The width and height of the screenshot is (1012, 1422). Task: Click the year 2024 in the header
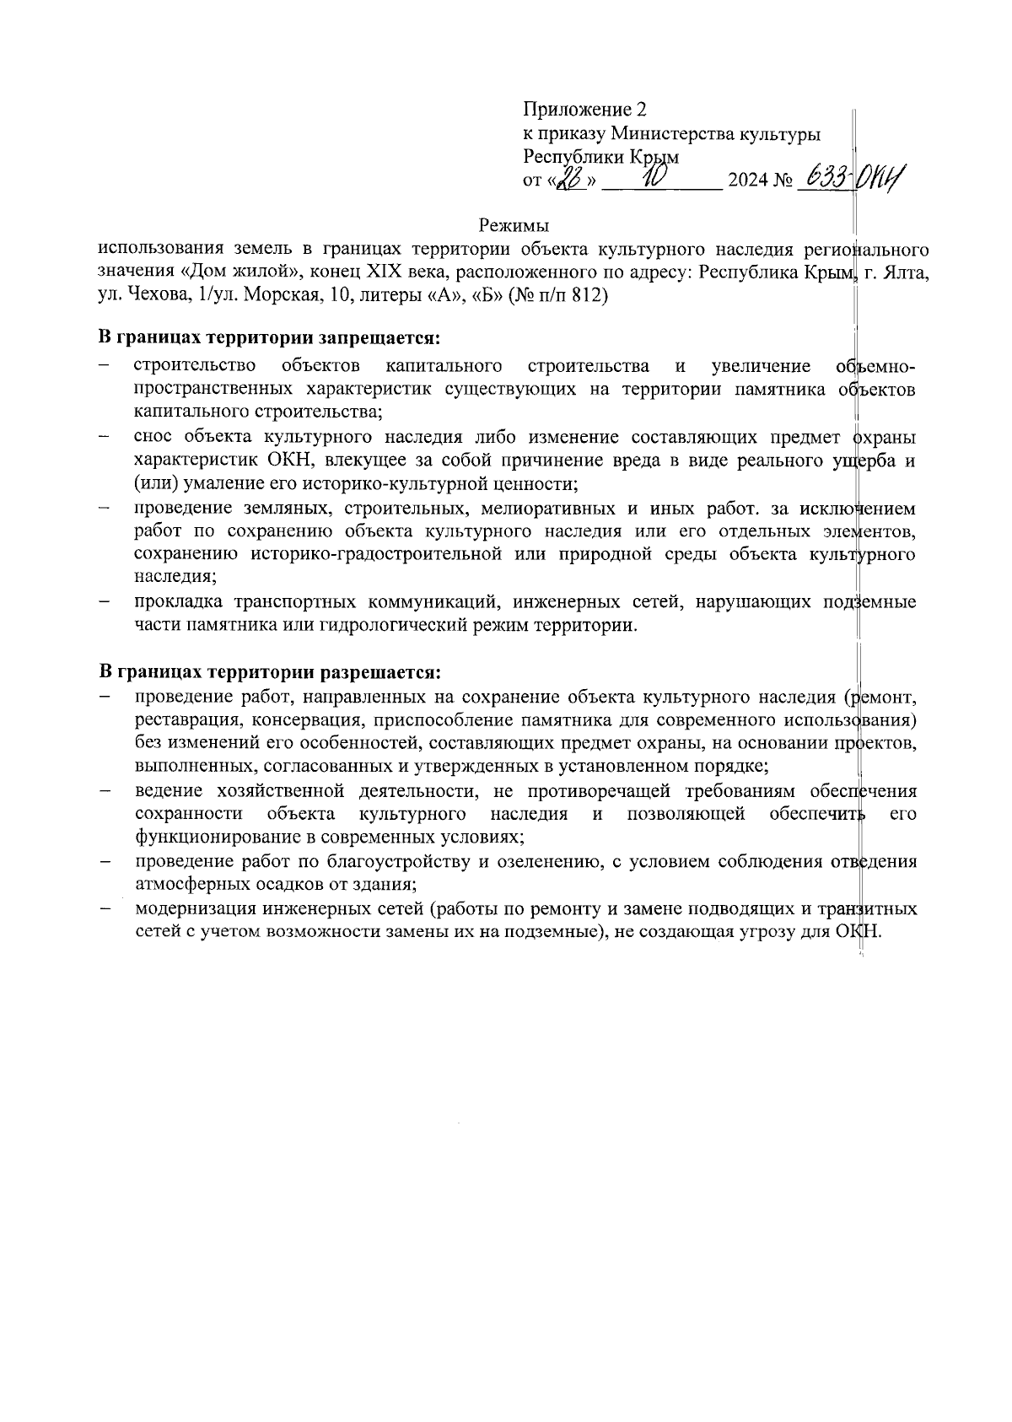pyautogui.click(x=748, y=180)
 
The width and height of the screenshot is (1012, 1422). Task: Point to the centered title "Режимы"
pyautogui.click(x=514, y=226)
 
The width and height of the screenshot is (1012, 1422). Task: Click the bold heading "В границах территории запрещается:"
pyautogui.click(x=270, y=338)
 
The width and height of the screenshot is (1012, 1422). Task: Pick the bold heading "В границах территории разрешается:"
pyautogui.click(x=271, y=673)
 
